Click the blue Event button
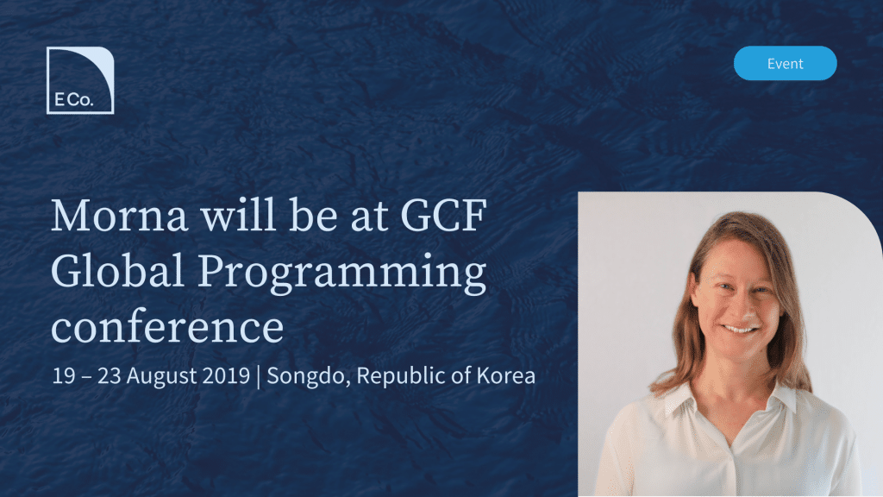click(785, 63)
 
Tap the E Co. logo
click(80, 80)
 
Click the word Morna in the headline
click(119, 215)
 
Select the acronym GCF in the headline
click(443, 215)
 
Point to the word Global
click(117, 270)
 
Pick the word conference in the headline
click(167, 327)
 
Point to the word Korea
click(505, 376)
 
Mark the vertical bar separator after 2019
click(259, 377)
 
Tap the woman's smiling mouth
click(740, 329)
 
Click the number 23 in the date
click(110, 376)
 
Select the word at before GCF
click(370, 218)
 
